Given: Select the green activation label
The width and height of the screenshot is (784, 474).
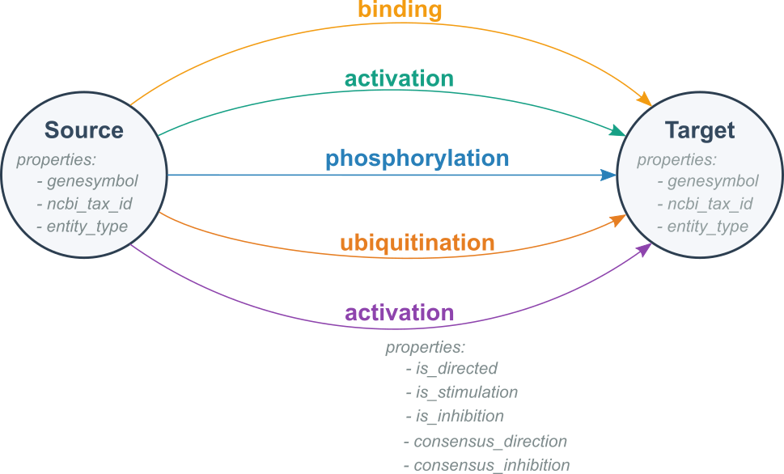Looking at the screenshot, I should pos(399,79).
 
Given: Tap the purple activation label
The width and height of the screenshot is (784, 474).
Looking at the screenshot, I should pos(400,313).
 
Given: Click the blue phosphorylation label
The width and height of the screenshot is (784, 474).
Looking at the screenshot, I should pos(417,158).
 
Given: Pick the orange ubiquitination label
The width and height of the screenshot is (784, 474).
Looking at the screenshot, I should pos(417,243).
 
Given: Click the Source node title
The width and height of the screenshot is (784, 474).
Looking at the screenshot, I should pos(84,130).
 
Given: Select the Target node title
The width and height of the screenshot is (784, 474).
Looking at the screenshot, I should pos(700,130).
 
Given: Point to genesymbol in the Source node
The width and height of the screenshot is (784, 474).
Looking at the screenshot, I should pos(91,180).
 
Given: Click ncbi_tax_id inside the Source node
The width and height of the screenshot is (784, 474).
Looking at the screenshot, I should pos(88,203).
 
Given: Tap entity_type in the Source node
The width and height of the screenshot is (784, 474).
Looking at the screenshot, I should pos(87,226).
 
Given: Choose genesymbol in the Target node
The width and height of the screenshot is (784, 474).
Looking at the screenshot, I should pos(712,181).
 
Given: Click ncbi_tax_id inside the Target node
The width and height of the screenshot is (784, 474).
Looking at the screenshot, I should pos(709,204).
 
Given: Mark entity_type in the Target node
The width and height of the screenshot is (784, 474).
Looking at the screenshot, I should pos(707,226).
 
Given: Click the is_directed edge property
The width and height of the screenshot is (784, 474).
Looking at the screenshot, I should pos(456,369).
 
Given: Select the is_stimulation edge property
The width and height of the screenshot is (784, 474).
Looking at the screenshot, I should pos(466,392).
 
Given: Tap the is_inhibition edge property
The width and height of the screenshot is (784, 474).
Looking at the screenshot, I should pos(459,417).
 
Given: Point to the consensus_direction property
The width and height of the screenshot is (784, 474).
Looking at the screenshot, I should pos(489,442).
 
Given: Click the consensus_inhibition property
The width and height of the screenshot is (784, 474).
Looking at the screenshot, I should pos(491,465).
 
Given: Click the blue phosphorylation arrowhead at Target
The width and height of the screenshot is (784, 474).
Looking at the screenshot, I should pos(608,175).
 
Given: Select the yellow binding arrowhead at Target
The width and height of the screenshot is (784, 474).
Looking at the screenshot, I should pos(645,100).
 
